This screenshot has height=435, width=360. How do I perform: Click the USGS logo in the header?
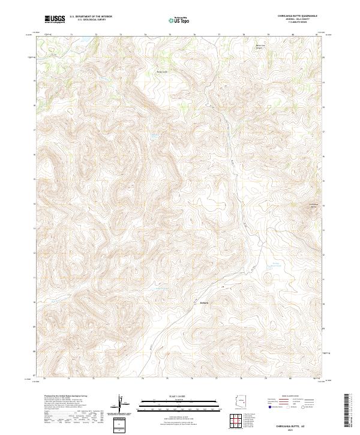click(x=55, y=19)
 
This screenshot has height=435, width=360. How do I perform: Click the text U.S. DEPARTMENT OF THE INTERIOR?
click(x=91, y=17)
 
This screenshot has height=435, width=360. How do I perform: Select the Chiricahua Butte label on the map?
click(x=312, y=206)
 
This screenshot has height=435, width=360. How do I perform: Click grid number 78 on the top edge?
click(x=244, y=35)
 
